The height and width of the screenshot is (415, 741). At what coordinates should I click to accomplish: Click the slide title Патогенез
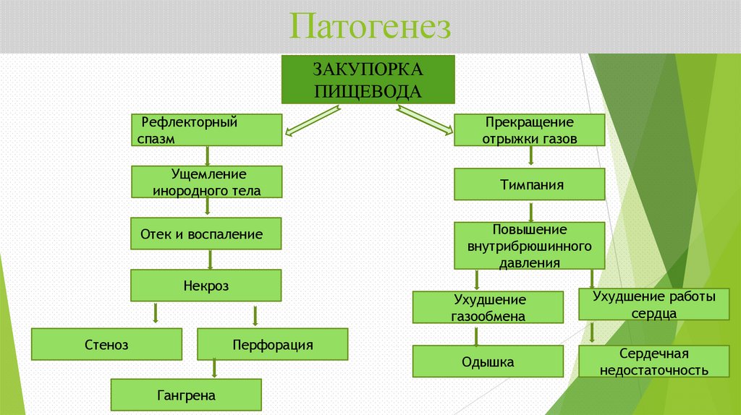(370, 27)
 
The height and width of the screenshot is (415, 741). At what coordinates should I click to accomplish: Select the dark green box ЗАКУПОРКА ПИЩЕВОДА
(367, 80)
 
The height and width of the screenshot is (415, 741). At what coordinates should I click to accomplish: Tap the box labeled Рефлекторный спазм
(207, 130)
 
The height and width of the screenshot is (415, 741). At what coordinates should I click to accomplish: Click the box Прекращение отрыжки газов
(529, 131)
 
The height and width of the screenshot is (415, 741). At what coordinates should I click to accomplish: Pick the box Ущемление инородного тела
(206, 182)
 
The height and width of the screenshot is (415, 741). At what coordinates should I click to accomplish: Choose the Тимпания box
(529, 184)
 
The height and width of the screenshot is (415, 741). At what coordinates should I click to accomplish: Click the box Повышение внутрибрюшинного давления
(529, 246)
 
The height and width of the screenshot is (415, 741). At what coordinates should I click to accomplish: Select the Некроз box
(206, 286)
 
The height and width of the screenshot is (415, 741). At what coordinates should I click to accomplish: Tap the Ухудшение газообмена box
(488, 307)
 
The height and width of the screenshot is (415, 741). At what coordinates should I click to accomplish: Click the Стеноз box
(106, 344)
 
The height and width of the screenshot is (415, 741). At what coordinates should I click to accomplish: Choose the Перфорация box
(272, 344)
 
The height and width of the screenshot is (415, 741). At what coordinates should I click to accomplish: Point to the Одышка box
(488, 361)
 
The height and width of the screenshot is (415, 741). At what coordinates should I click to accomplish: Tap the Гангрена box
(185, 395)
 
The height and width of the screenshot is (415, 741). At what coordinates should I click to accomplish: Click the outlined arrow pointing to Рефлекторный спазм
(313, 120)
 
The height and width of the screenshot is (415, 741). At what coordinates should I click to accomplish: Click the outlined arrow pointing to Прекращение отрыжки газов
(424, 120)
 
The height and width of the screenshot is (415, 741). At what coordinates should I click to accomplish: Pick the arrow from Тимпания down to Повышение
(530, 211)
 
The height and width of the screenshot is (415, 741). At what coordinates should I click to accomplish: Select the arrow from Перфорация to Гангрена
(214, 369)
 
